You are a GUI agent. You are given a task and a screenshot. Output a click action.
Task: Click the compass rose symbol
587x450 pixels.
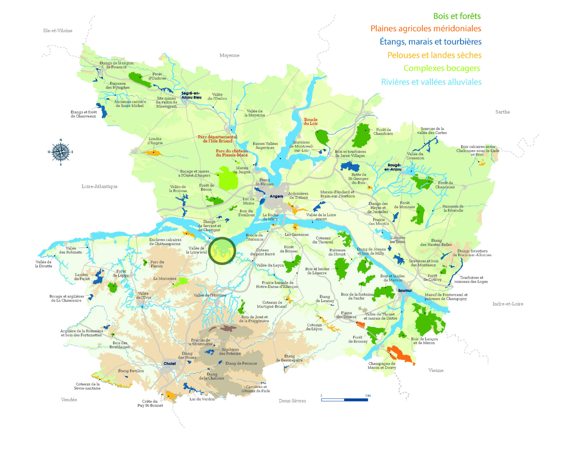pyautogui.click(x=61, y=152)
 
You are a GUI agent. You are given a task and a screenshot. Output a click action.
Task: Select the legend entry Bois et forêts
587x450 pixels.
pyautogui.click(x=457, y=16)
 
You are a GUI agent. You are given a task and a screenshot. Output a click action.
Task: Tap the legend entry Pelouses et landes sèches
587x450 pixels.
pyautogui.click(x=434, y=55)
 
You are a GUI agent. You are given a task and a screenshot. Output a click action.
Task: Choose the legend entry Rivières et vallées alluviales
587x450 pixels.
pyautogui.click(x=431, y=82)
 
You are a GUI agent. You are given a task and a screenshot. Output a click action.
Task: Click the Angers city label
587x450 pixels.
pyautogui.click(x=276, y=196)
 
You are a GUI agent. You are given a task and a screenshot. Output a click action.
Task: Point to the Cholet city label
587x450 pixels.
pyautogui.click(x=170, y=364)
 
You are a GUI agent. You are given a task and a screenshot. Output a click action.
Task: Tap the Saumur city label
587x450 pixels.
pyautogui.click(x=405, y=290)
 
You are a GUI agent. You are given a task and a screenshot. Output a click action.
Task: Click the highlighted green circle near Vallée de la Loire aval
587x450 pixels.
pyautogui.click(x=222, y=251)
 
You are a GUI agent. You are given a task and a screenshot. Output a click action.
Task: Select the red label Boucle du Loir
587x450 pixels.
pyautogui.click(x=311, y=122)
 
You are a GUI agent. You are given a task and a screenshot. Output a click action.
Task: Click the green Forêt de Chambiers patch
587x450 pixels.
pyautogui.click(x=362, y=136)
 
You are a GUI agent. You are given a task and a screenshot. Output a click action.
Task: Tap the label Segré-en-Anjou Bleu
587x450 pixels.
pyautogui.click(x=191, y=95)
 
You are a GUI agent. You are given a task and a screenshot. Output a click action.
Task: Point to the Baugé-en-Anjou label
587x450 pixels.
pyautogui.click(x=393, y=167)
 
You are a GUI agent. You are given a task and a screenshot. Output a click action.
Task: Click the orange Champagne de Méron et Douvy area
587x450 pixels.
pyautogui.click(x=401, y=355)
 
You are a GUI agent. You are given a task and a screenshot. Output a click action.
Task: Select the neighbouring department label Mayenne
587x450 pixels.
pyautogui.click(x=229, y=55)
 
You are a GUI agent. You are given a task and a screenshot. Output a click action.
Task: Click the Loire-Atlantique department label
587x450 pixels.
pyautogui.click(x=99, y=186)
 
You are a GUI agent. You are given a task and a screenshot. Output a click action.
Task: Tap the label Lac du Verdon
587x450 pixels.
pyautogui.click(x=202, y=399)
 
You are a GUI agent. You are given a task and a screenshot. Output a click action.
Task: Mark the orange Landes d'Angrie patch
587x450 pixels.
pyautogui.click(x=153, y=152)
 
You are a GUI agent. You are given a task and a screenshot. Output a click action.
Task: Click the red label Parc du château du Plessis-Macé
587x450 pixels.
pyautogui.click(x=232, y=153)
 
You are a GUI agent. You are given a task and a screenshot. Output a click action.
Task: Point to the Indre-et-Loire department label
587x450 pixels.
pyautogui.click(x=508, y=304)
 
